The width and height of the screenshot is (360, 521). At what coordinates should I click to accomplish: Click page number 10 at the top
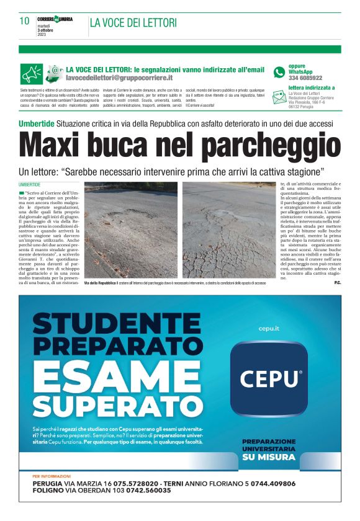tap(25, 21)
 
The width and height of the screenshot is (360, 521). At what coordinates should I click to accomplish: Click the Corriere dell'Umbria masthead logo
tap(55, 19)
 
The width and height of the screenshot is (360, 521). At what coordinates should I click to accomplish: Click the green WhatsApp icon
tap(279, 72)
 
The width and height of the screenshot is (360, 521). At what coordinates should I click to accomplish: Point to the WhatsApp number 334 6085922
tap(305, 78)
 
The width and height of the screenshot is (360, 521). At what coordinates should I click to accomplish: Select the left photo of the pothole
tap(131, 229)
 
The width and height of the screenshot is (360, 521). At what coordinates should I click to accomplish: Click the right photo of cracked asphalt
tap(229, 229)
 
